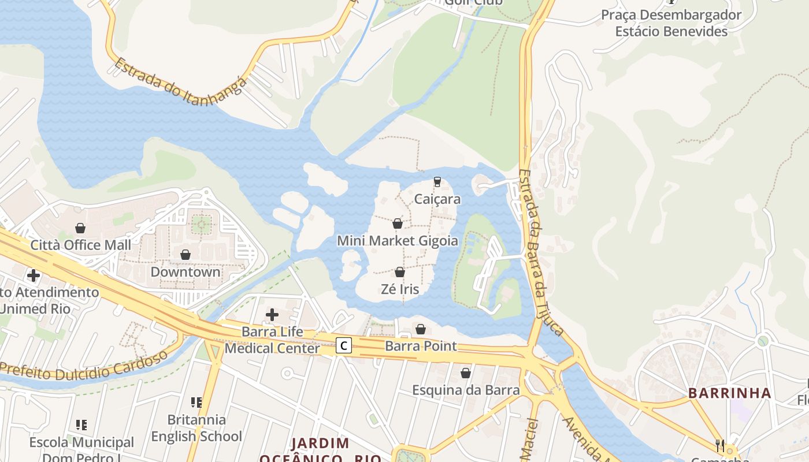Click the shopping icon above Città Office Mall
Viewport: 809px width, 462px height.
80,228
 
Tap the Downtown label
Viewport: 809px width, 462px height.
185,271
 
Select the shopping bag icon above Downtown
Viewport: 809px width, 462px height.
185,255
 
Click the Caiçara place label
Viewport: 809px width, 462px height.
437,199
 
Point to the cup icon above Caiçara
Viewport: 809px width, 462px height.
437,182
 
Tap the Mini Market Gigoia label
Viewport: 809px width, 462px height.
398,240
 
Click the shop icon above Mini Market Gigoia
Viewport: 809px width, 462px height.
398,223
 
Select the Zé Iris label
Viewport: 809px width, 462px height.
399,289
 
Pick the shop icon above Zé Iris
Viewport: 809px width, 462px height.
399,272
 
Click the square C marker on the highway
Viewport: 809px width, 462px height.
344,346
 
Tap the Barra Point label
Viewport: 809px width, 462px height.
421,346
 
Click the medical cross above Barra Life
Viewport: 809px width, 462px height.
272,315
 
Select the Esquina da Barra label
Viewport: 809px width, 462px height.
466,390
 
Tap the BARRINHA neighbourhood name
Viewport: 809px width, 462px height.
729,393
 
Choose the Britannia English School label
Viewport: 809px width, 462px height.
196,427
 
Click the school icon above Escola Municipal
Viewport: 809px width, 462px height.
81,425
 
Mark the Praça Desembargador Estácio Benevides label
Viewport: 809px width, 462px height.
671,23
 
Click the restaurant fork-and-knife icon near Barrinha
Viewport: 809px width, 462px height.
720,445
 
